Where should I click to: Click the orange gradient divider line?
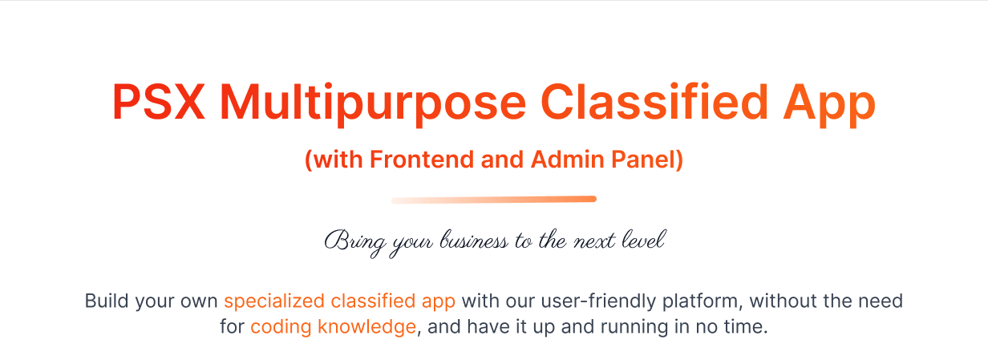click(494, 200)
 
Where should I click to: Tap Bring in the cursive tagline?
click(350, 241)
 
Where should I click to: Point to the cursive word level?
click(642, 241)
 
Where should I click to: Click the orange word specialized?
click(273, 302)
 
